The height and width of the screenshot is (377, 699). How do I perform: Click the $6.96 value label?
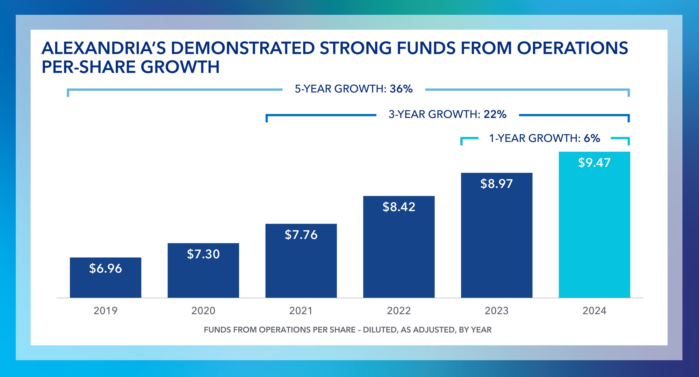106,269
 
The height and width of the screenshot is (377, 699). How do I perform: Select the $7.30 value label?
203,254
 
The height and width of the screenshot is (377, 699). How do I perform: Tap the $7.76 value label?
301,235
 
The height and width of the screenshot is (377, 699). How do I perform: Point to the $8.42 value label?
399,207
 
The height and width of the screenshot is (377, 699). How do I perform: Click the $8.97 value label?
496,184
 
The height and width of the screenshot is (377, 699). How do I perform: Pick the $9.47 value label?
594,163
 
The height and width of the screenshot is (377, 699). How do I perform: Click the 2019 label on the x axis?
106,311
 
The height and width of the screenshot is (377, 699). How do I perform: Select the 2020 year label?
203,311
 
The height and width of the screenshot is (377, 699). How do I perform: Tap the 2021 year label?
301,311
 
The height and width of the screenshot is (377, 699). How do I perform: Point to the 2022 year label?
399,311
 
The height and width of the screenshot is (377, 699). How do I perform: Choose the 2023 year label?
496,311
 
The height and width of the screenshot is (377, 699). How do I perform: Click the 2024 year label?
594,311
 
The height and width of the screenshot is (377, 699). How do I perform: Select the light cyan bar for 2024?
594,238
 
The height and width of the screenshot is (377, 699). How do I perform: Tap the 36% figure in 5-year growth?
401,89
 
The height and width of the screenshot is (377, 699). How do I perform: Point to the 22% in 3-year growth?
495,114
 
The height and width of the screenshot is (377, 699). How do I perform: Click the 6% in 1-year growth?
592,138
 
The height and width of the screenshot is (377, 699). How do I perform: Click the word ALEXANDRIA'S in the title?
103,48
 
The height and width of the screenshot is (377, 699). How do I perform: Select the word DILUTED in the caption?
380,330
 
